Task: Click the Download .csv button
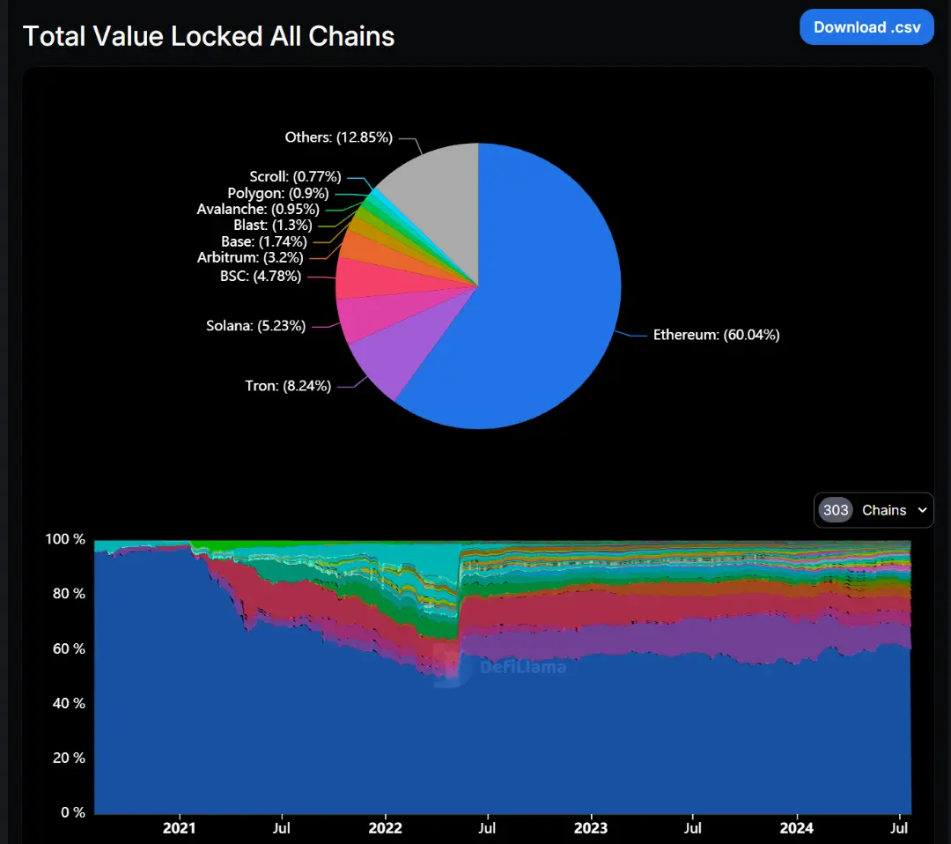(x=866, y=27)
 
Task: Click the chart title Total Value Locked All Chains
(x=209, y=36)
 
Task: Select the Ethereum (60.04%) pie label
(x=716, y=335)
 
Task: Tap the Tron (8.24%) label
(x=288, y=385)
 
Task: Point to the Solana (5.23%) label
(x=256, y=326)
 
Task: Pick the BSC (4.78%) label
(x=261, y=277)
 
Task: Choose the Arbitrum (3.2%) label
(x=250, y=258)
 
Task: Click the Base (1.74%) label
(x=264, y=241)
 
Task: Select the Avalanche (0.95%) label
(x=257, y=210)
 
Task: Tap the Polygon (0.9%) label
(x=278, y=193)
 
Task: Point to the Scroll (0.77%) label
(x=295, y=177)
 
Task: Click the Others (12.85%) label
(x=338, y=137)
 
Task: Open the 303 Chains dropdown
(x=874, y=510)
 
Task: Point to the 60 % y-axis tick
(x=66, y=649)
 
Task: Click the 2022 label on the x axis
(x=385, y=828)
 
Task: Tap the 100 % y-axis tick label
(x=65, y=539)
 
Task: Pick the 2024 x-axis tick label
(x=797, y=828)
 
